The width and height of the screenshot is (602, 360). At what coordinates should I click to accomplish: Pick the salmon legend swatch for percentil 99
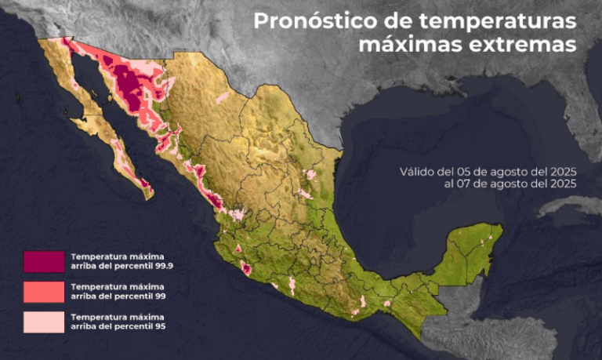[x=43, y=292]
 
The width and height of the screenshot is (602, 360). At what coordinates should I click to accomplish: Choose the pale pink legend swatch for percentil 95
[x=43, y=321]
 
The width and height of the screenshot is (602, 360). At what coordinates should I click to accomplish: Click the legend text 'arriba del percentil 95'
[x=118, y=325]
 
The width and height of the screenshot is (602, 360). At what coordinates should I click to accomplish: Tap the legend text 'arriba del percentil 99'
[x=118, y=296]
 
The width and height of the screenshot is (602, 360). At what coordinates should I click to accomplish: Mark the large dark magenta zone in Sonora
[x=129, y=86]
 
